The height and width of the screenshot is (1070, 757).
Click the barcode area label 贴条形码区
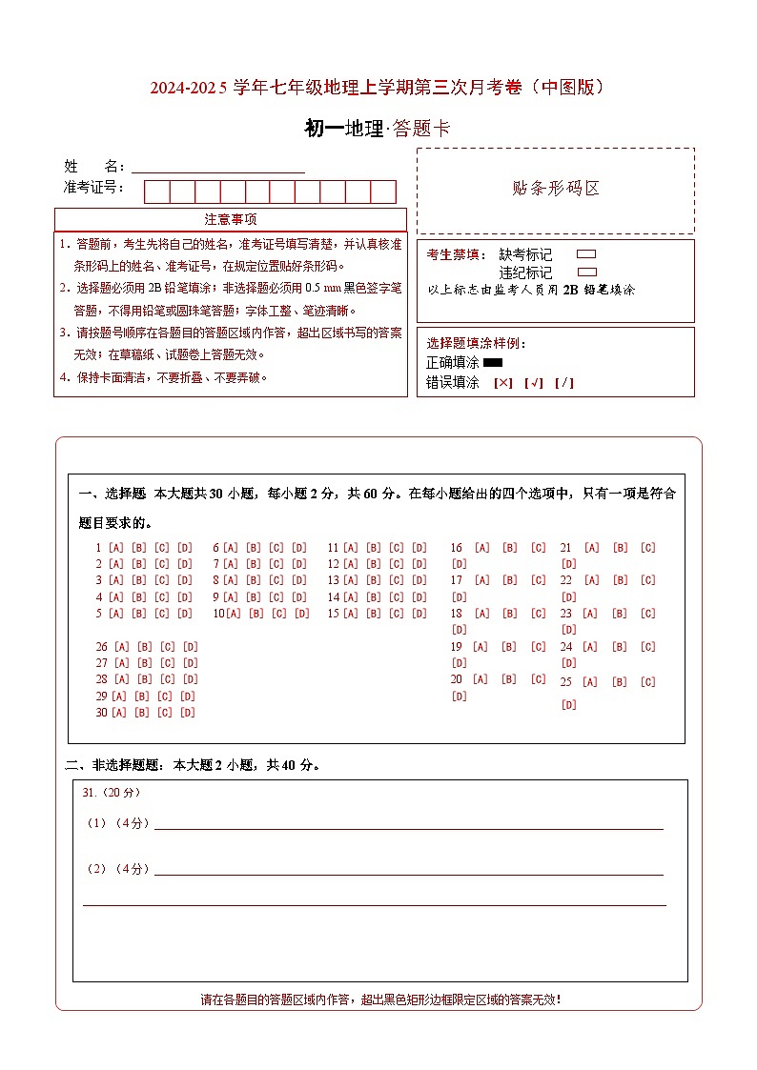[x=556, y=189]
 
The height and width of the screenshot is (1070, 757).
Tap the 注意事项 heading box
[x=231, y=220]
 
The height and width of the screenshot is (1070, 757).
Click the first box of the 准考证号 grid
[x=156, y=192]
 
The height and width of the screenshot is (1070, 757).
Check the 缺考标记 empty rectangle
[x=587, y=254]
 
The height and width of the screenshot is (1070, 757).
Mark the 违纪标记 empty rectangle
[x=587, y=272]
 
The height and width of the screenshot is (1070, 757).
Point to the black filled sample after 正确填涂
[x=493, y=362]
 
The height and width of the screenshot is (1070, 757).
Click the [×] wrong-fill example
[x=502, y=383]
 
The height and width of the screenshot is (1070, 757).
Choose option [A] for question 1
[x=115, y=548]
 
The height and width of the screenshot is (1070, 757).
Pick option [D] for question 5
[x=185, y=614]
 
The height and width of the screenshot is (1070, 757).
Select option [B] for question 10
[x=256, y=614]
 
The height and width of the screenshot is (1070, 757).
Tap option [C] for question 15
[x=397, y=614]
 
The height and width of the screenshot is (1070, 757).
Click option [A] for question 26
[x=121, y=647]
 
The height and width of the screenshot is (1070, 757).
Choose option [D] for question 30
[x=187, y=713]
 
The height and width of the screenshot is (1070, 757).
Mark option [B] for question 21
[x=621, y=548]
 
